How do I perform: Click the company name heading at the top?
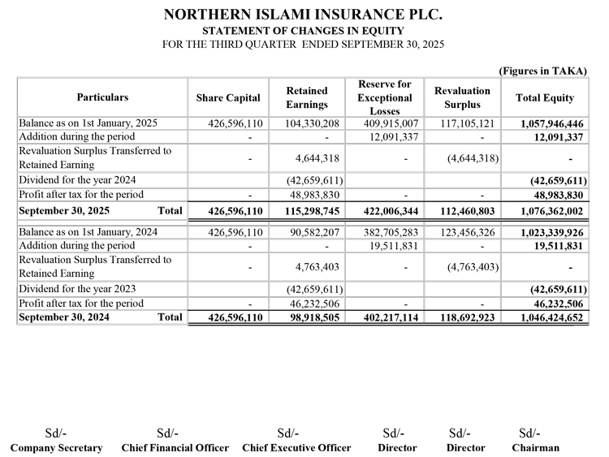tap(304, 15)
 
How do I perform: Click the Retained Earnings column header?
tap(307, 97)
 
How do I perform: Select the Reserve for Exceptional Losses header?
tap(384, 97)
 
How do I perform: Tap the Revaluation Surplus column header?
tap(462, 97)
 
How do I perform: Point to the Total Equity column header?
tap(544, 97)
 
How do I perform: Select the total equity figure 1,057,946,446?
tap(553, 123)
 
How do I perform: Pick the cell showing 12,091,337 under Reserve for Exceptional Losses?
tap(393, 136)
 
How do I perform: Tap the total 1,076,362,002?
tap(553, 210)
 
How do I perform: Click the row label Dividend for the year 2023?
tap(77, 289)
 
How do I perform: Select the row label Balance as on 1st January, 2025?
tap(88, 123)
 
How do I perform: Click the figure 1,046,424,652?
tap(553, 318)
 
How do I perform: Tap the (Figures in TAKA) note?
tap(542, 71)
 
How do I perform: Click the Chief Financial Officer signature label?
tap(175, 447)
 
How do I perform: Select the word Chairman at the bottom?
tap(535, 447)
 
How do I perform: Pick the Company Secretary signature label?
tap(56, 447)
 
